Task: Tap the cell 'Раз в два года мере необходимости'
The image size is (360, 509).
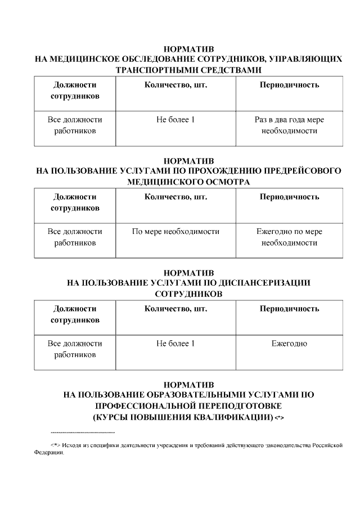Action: (289, 125)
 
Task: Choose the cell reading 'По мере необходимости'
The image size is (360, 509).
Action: (175, 232)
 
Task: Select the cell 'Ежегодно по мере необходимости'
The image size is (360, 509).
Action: (289, 237)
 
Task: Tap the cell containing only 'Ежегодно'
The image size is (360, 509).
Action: (289, 344)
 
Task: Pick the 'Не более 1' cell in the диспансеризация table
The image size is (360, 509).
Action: (175, 344)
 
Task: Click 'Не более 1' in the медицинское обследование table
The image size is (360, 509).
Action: (175, 120)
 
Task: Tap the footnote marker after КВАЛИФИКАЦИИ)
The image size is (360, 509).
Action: (280, 417)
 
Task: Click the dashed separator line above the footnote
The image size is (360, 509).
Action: (83, 432)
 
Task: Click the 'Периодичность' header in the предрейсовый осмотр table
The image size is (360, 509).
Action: (289, 197)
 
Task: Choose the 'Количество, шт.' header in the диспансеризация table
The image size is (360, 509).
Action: (175, 309)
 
